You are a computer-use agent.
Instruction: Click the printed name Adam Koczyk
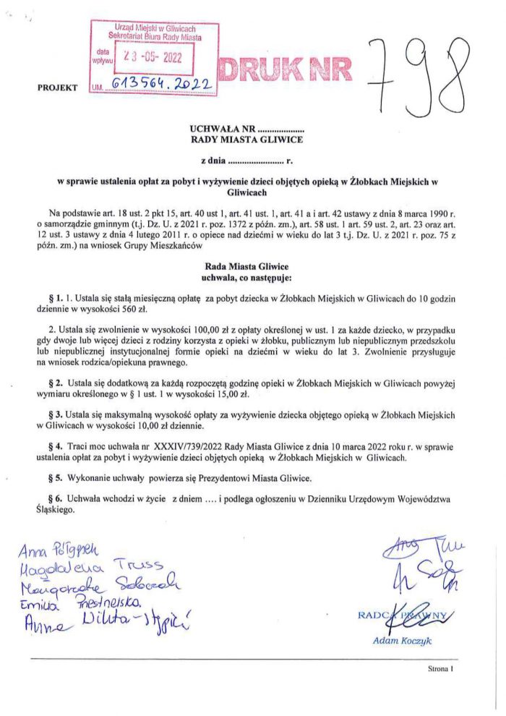(x=400, y=640)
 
